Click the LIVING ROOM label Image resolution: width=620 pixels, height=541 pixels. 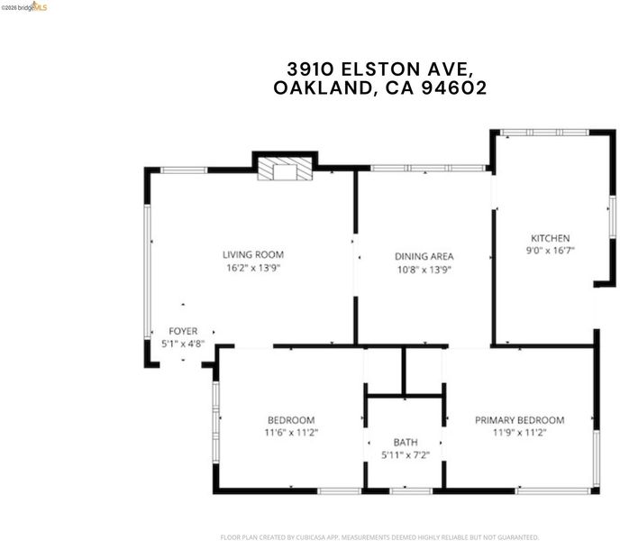[253, 255]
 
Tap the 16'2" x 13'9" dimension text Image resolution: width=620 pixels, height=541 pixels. [253, 268]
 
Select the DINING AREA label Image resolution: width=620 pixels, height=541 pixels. [424, 256]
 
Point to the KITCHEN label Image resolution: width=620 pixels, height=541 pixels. [550, 238]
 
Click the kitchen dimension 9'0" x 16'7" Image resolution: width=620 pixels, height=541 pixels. [550, 250]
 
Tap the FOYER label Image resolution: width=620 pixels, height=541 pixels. [183, 331]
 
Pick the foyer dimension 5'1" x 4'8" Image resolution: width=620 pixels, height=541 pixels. [183, 344]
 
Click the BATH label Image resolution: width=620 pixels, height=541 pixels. [406, 442]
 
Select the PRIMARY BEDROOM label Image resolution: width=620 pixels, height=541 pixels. [520, 420]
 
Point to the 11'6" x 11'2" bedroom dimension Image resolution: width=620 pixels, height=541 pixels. [291, 432]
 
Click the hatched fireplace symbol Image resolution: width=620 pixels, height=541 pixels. [285, 169]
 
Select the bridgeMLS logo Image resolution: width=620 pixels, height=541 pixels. [23, 6]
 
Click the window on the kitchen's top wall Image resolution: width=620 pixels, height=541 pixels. [544, 133]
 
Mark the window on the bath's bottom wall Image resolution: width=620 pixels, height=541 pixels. [411, 491]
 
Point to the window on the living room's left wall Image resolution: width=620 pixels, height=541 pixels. [148, 271]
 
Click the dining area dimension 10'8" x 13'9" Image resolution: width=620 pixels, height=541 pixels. [424, 270]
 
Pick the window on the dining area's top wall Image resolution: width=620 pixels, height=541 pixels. [428, 169]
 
